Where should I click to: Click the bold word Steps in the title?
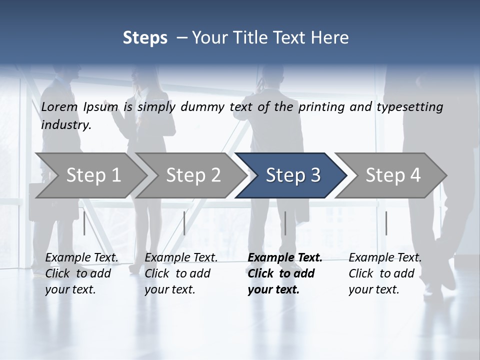click(x=145, y=38)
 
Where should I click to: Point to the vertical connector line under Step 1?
click(x=84, y=223)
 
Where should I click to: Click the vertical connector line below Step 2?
click(x=184, y=223)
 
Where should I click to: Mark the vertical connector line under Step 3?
click(x=285, y=223)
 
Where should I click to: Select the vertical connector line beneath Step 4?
click(x=386, y=223)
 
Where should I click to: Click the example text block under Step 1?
click(x=81, y=273)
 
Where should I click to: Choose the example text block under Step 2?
click(x=181, y=273)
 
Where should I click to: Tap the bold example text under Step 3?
click(x=284, y=273)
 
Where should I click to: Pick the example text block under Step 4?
click(x=385, y=273)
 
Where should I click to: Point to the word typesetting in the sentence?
click(x=409, y=107)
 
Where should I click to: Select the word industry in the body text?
click(x=66, y=125)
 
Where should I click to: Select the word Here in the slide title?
click(x=330, y=38)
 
